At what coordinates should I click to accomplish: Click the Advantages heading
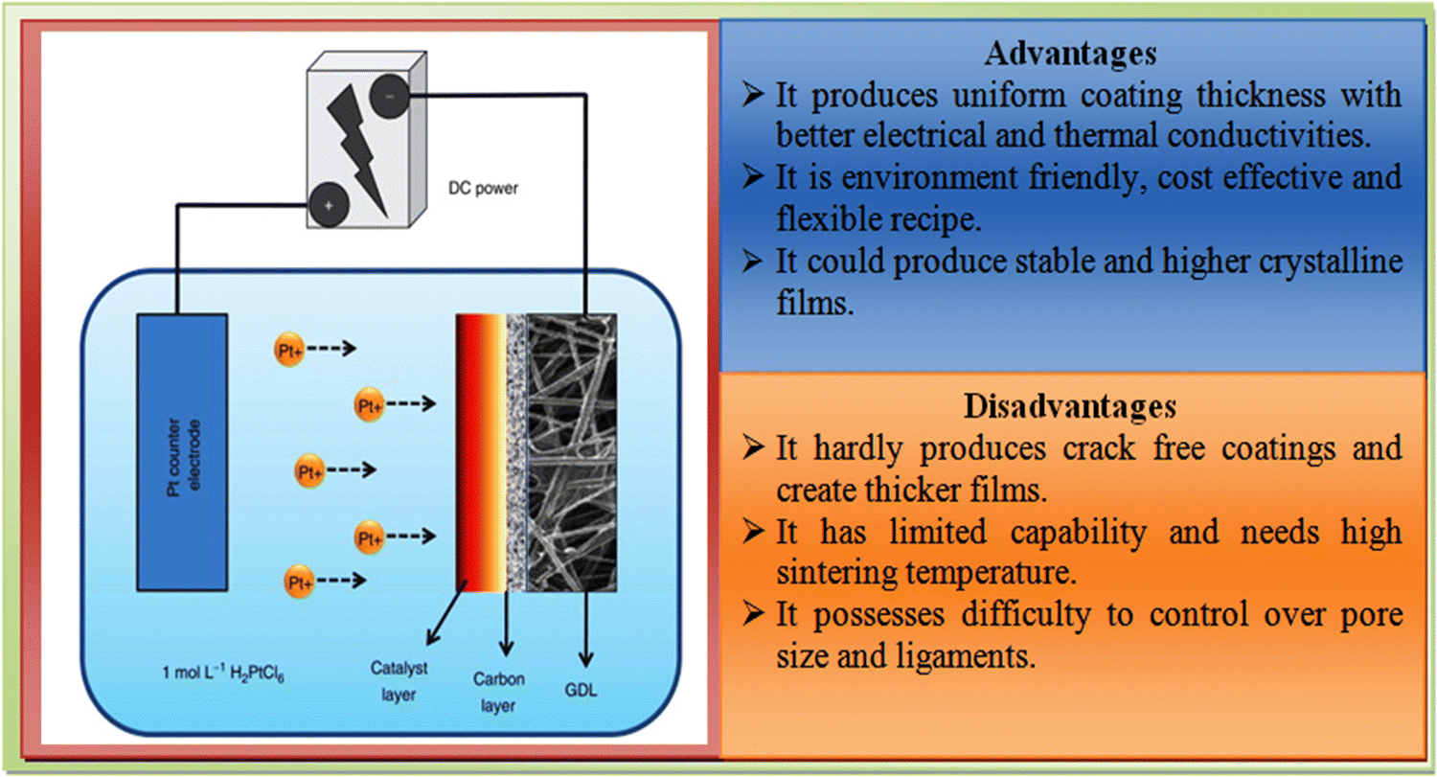[x=1070, y=55]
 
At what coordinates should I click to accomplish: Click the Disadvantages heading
[x=1070, y=407]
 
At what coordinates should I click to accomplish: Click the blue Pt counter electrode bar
[x=182, y=451]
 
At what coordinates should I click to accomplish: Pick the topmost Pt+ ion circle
[x=289, y=350]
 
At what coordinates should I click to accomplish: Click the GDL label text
[x=581, y=686]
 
